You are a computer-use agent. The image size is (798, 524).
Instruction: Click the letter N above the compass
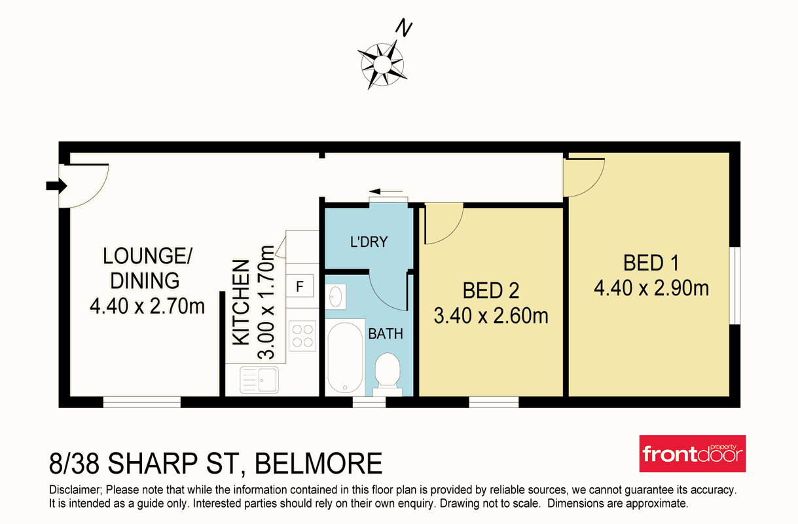coord(404,29)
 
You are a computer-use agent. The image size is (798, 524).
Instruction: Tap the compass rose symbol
coord(382,65)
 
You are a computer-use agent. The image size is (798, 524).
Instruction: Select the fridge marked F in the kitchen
coord(300,286)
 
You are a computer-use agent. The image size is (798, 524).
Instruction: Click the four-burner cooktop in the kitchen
coord(302,336)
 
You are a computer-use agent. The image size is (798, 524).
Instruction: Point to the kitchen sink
coord(259,380)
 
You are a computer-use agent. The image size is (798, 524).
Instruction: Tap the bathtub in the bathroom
coord(345,358)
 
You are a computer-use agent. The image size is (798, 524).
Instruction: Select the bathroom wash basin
coord(335,296)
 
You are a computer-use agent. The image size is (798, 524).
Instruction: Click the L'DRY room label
coord(369,242)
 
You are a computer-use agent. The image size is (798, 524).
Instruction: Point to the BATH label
coord(386,334)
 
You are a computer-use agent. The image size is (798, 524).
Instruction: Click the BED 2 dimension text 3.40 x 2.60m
coord(490,316)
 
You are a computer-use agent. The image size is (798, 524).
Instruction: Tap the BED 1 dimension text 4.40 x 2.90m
coord(651,288)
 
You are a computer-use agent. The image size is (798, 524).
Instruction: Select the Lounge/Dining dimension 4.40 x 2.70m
coord(147,306)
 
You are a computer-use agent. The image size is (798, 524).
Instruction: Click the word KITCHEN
coord(241,303)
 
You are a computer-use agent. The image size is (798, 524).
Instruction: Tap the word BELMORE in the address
coord(319,463)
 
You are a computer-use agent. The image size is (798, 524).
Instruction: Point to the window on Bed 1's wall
coord(735,286)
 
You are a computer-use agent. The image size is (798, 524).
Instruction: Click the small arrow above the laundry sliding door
coord(386,192)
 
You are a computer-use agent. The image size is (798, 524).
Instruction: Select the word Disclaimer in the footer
coord(75,490)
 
